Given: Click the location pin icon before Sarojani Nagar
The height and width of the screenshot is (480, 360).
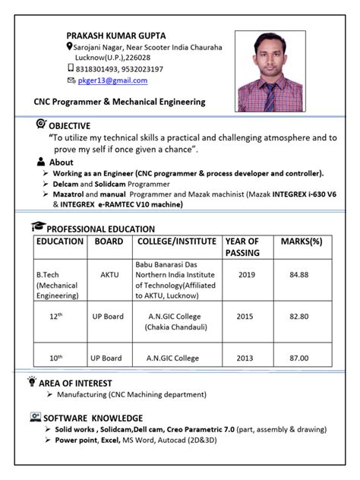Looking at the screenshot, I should tap(70, 47).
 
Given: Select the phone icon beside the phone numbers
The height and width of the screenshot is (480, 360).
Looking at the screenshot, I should tap(71, 68).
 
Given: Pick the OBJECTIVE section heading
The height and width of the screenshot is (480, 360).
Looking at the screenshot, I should tap(69, 125).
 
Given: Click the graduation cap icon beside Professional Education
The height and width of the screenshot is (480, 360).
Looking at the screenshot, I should tap(37, 227).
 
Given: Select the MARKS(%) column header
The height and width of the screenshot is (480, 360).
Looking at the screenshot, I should tap(302, 242).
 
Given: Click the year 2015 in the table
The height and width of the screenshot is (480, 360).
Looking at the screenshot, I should tap(245, 316).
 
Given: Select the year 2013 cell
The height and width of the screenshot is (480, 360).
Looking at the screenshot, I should tap(245, 358).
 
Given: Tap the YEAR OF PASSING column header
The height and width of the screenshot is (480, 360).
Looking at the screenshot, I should tap(242, 247).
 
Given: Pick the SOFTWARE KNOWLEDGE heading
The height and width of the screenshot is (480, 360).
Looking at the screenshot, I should tap(93, 418).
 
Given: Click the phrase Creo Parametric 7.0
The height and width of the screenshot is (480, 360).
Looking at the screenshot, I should tap(200, 430).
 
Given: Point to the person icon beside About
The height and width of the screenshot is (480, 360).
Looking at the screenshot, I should tap(40, 163).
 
